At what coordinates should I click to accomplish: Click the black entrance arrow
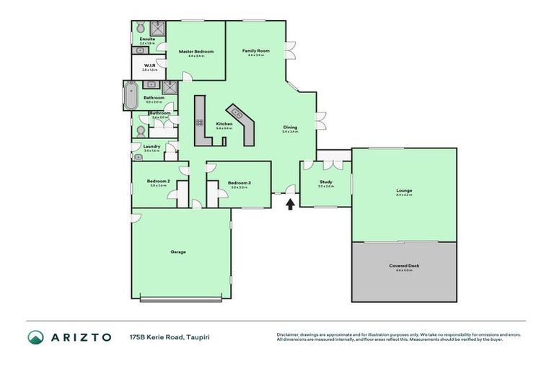[291, 204]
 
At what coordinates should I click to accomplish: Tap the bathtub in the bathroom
[131, 96]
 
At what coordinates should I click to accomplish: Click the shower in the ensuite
[159, 28]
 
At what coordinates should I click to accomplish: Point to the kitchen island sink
[236, 112]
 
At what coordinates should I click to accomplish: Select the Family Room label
[255, 50]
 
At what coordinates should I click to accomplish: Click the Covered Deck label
[404, 265]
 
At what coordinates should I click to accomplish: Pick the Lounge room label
[404, 190]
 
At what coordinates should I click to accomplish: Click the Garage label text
[178, 252]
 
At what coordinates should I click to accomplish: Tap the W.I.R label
[150, 66]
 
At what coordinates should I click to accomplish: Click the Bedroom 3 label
[239, 182]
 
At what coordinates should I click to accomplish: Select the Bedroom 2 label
[158, 181]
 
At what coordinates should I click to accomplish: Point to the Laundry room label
[151, 146]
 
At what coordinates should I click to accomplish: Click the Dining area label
[289, 128]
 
